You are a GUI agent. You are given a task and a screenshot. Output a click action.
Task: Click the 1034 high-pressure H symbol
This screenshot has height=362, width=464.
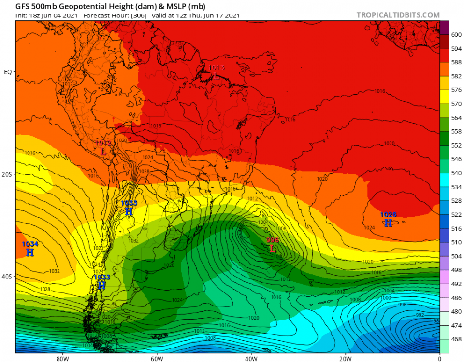click(x=30, y=252)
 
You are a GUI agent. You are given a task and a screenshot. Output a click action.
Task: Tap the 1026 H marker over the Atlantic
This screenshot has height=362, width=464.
click(x=388, y=223)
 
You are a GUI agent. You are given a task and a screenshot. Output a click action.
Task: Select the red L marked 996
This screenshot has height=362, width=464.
click(x=273, y=249)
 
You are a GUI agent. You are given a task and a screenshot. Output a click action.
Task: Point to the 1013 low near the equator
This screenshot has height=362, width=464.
click(x=215, y=76)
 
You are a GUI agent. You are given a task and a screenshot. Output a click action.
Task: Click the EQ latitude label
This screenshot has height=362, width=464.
click(x=8, y=72)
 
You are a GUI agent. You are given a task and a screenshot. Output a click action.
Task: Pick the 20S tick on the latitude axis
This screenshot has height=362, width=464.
click(x=7, y=174)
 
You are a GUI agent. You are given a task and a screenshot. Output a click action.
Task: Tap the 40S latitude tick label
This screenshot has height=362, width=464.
click(x=7, y=277)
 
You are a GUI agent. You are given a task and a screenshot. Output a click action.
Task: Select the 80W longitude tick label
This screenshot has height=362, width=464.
click(x=61, y=358)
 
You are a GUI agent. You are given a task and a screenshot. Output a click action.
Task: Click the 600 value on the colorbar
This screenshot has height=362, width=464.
click(x=456, y=34)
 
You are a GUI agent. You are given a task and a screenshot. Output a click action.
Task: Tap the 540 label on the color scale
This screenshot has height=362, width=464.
click(x=456, y=173)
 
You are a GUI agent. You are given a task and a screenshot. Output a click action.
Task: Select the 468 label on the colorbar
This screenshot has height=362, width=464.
click(x=456, y=339)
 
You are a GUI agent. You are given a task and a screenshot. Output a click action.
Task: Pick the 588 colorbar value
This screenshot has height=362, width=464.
click(x=456, y=62)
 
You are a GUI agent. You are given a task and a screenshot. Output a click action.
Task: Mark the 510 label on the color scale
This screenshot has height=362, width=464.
click(x=456, y=242)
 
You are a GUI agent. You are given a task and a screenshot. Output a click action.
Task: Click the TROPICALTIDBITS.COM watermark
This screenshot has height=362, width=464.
click(x=398, y=15)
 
